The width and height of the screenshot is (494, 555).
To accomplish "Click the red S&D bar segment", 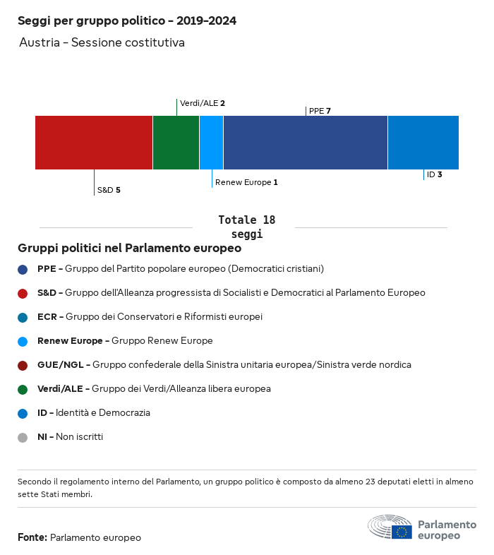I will click(94, 143).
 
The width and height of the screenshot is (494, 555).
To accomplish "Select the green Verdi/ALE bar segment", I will click(176, 143).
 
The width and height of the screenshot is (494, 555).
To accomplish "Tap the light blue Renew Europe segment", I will click(211, 143).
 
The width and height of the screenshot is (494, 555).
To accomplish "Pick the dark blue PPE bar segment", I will click(305, 143).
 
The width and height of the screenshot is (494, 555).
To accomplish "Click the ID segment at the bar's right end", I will click(423, 143).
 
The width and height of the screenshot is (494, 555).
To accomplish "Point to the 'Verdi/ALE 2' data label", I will click(203, 103).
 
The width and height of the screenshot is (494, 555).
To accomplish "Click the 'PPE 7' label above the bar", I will click(320, 111).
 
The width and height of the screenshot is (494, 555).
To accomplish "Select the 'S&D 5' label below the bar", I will click(109, 190).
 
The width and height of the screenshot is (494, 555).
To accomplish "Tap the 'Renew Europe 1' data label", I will click(246, 182).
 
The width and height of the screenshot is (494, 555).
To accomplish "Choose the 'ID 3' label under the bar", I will click(434, 174).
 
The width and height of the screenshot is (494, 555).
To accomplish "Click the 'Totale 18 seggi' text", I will click(246, 227).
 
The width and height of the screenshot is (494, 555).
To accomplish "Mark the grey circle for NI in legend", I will click(23, 437).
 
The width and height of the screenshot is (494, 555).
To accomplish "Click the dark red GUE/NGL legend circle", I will click(23, 365).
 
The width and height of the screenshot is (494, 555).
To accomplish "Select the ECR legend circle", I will click(23, 317).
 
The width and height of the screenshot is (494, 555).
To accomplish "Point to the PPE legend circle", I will click(23, 269).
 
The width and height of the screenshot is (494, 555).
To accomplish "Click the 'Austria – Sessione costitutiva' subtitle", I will click(102, 42).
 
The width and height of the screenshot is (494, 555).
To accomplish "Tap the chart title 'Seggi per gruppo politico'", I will click(127, 20).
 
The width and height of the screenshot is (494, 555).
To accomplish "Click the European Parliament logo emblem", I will click(390, 527).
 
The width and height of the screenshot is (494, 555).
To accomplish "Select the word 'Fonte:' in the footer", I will click(32, 537).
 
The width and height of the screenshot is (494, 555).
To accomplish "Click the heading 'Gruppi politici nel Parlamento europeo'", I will click(130, 248).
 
